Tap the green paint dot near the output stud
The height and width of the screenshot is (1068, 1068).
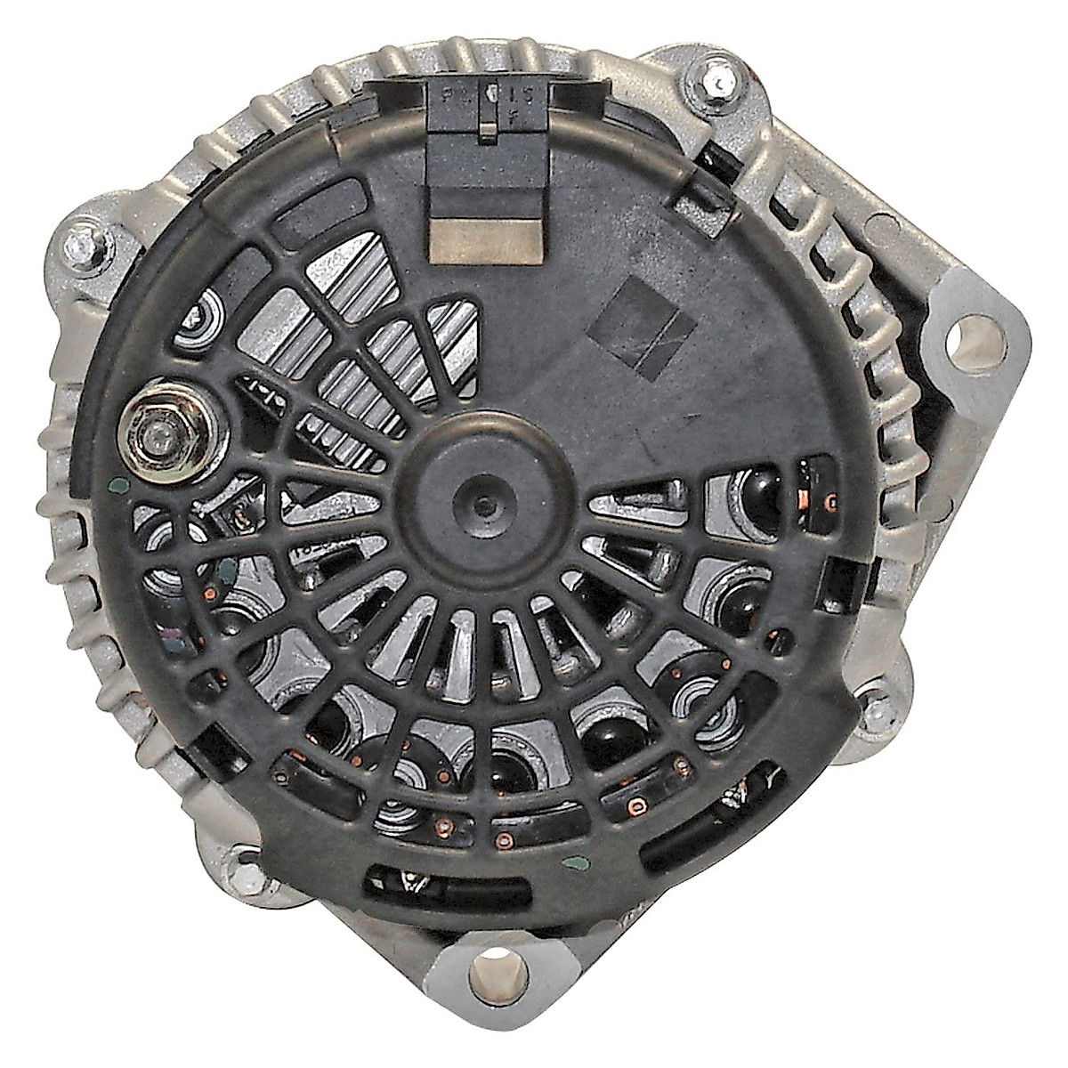[119, 487]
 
